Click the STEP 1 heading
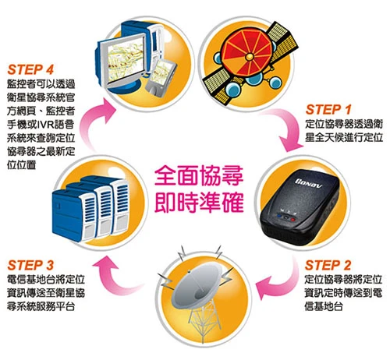328,110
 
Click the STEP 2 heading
328,266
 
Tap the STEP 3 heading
30,266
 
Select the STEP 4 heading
30,70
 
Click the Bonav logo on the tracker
309,183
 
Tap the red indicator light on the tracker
292,220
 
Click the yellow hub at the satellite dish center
250,56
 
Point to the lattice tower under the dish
204,321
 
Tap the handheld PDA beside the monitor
161,76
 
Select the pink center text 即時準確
199,203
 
